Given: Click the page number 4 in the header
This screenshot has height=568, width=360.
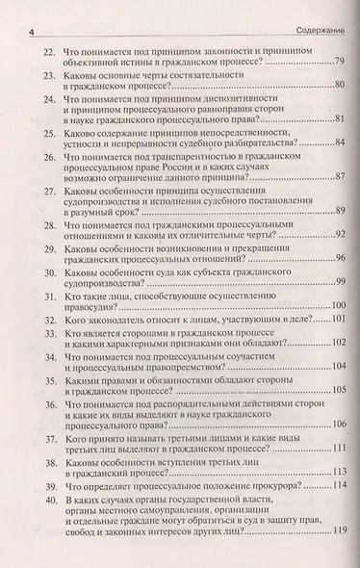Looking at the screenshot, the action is pyautogui.click(x=32, y=11).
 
